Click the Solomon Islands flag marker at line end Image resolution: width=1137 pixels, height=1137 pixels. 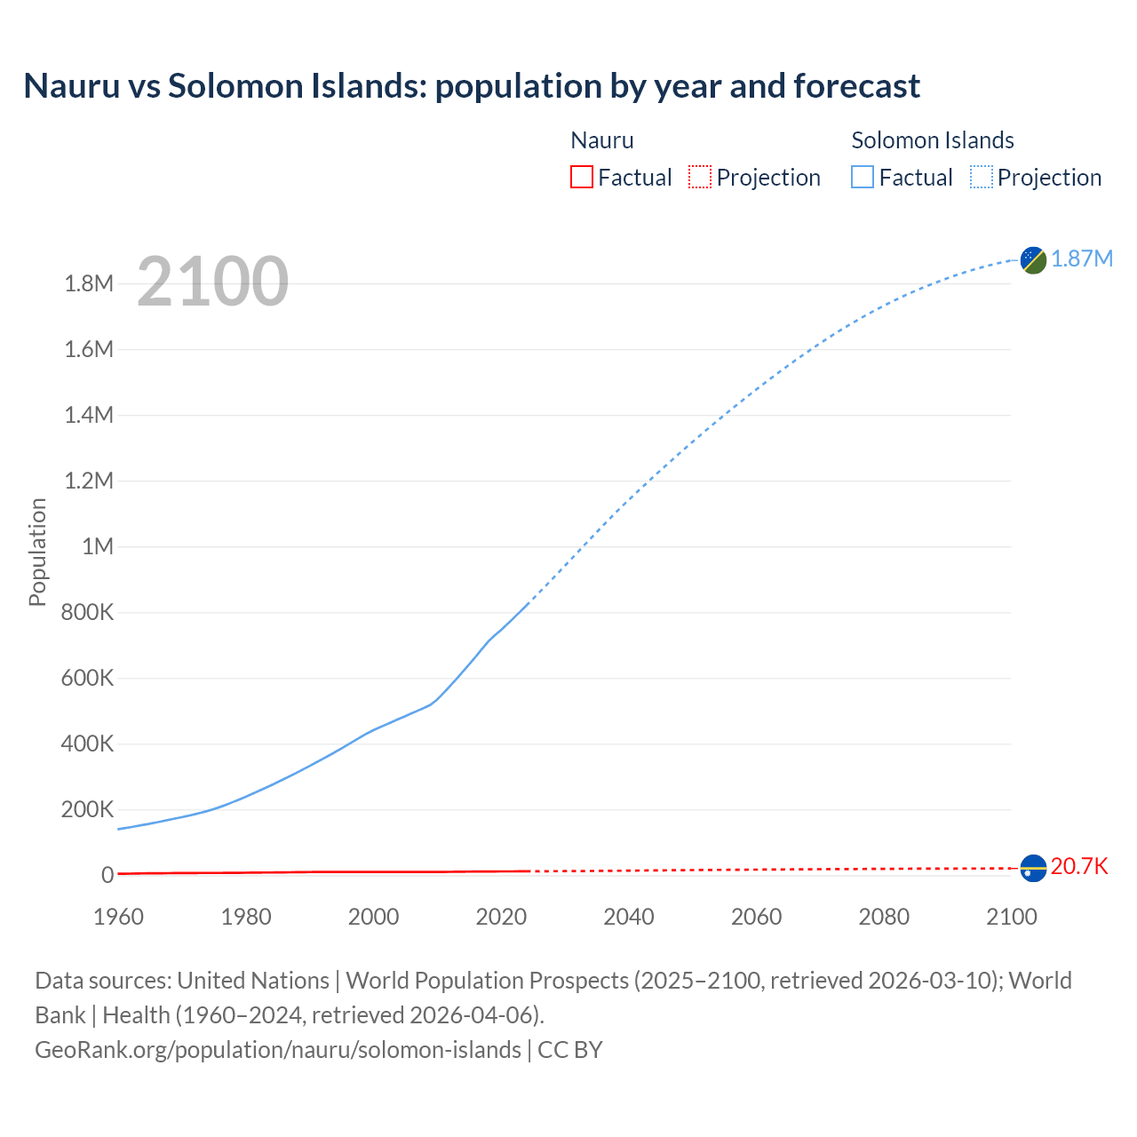tap(1033, 259)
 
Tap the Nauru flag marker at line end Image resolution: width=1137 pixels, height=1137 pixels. tap(1033, 868)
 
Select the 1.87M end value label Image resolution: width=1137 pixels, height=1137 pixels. tap(1082, 258)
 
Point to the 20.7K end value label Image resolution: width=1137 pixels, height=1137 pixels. tap(1079, 867)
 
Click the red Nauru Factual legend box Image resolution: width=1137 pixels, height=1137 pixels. tap(581, 177)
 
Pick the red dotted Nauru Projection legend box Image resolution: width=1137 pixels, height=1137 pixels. tap(700, 177)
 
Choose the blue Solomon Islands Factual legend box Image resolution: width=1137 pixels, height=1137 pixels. tap(862, 177)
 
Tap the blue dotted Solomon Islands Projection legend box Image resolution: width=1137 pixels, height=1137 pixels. tap(982, 177)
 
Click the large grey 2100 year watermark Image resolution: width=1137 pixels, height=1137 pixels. tap(212, 282)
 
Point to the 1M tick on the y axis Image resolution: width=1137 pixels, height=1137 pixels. tap(98, 546)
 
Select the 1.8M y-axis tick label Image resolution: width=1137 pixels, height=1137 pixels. tap(89, 284)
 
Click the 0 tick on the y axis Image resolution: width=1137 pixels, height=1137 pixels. tap(107, 875)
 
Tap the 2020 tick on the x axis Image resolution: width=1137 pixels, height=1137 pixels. tap(501, 917)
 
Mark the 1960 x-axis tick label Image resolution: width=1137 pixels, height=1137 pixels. tap(118, 917)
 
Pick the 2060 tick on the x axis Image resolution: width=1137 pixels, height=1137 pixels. tap(756, 917)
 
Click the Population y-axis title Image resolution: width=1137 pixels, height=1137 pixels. tap(37, 552)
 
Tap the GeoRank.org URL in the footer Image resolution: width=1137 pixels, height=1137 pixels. tap(278, 1050)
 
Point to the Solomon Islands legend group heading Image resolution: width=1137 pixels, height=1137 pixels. tap(933, 140)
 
